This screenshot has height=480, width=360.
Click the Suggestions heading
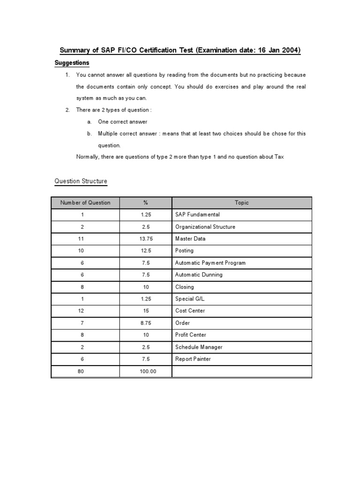coord(72,63)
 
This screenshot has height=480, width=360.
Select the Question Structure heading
coord(81,181)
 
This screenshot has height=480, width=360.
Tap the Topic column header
coord(242,202)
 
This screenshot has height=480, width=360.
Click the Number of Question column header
coord(85,202)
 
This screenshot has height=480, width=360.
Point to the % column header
coord(146,202)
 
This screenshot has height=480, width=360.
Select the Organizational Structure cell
coord(205,227)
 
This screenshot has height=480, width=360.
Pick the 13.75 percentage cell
coord(146,239)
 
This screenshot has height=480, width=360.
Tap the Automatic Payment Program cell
coord(210,263)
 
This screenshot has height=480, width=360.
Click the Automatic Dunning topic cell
coord(199,275)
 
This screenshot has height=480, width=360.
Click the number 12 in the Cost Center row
coord(81,311)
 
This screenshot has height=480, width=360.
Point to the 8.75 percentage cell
coord(146,323)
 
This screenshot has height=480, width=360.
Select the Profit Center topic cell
coord(190,335)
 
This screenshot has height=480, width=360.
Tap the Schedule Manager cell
coord(199,347)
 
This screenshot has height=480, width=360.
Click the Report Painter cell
coord(193,359)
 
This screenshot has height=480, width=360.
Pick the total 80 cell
coord(81,371)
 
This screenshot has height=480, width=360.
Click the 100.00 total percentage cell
coord(146,371)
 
